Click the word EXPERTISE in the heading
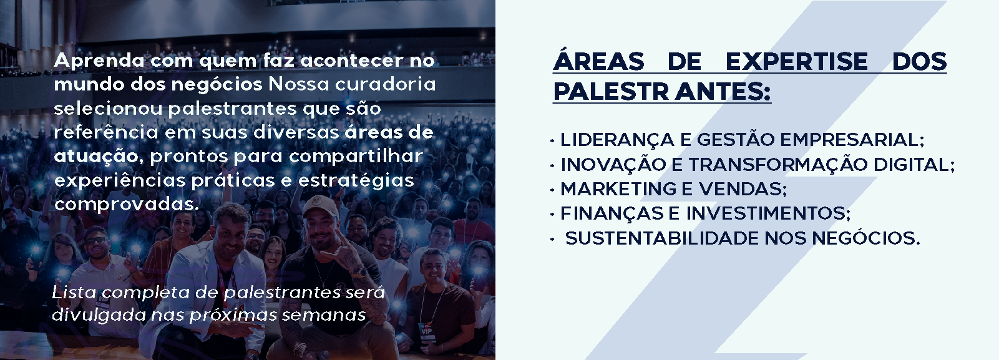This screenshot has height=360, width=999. tap(797, 62)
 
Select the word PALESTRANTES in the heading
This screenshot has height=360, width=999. tap(662, 92)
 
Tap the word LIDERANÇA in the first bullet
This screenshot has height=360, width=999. tap(617, 140)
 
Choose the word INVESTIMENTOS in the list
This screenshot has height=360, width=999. tap(768, 213)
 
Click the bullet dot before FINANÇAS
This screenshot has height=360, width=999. tap(552, 215)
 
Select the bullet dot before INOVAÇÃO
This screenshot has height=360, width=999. tap(552, 166)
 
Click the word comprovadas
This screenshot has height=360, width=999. tap(127, 205)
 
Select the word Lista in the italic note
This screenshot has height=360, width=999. tap(74, 293)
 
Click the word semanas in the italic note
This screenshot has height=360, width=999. tap(324, 316)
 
